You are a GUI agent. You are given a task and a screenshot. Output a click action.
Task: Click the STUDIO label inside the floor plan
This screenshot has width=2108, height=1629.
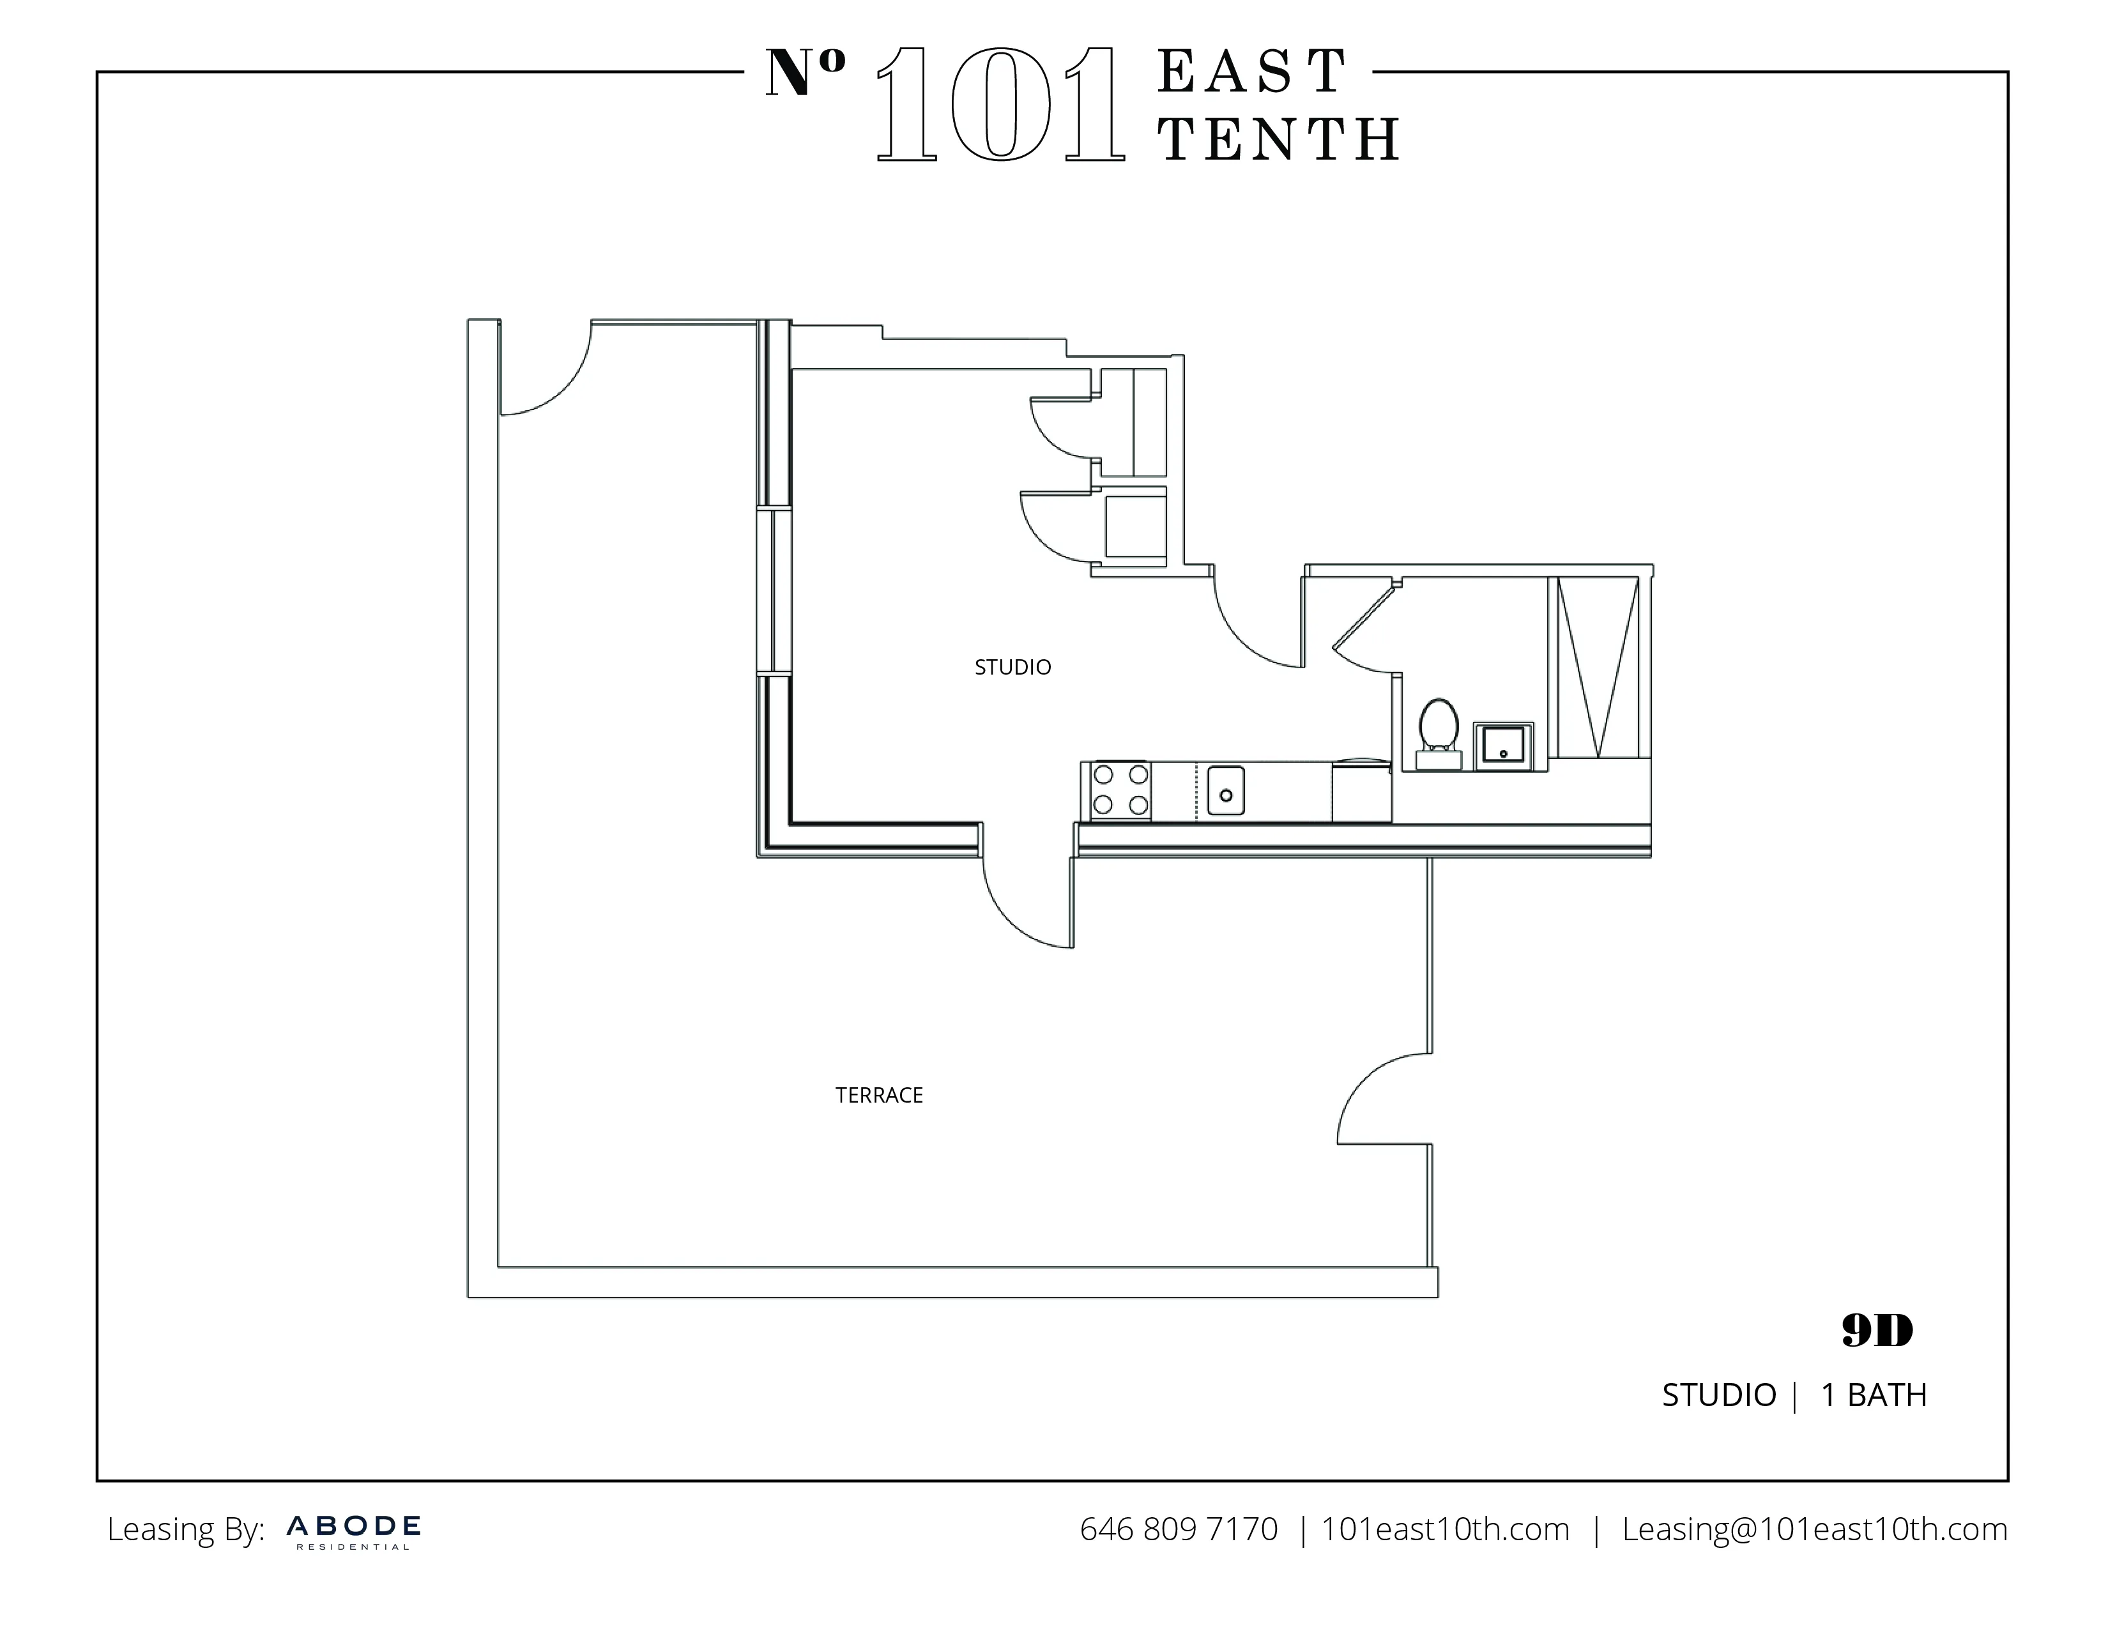(x=1012, y=667)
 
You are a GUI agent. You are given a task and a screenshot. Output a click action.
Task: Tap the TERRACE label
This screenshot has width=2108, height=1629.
(x=880, y=1096)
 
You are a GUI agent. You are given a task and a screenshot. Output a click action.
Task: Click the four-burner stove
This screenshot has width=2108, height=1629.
(x=1120, y=790)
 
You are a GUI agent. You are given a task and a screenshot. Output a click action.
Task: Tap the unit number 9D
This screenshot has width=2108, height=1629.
(x=1876, y=1332)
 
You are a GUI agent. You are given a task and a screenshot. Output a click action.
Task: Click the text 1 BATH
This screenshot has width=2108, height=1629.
(x=1874, y=1395)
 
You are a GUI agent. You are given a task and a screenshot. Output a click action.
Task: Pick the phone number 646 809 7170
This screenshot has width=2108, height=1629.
(x=1179, y=1529)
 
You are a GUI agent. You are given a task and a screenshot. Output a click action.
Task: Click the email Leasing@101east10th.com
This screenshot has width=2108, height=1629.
(x=1815, y=1529)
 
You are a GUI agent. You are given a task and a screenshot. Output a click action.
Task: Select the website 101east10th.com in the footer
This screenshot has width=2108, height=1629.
(x=1445, y=1529)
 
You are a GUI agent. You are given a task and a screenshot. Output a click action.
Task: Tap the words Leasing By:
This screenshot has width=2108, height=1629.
(x=185, y=1529)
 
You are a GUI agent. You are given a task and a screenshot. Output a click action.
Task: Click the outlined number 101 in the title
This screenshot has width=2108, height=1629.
(x=1000, y=106)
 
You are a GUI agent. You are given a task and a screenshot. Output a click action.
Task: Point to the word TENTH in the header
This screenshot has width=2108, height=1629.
(x=1279, y=140)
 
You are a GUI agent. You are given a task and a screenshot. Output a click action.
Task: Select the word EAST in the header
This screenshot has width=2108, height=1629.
(x=1252, y=72)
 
